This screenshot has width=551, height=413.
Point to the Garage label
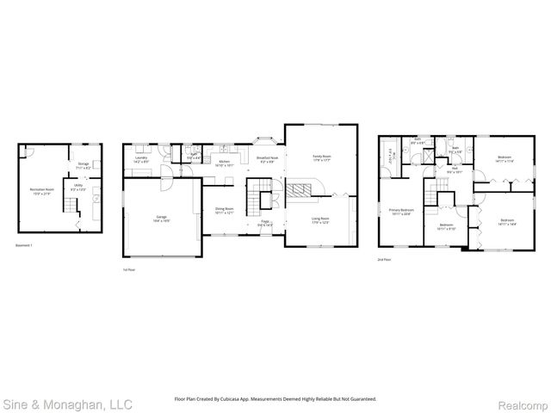[161, 219]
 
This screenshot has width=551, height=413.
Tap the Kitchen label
[225, 163]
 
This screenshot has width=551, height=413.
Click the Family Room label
[321, 158]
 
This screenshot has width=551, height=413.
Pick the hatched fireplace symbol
[298, 190]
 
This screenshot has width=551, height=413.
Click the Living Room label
[320, 220]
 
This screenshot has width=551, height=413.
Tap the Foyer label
[267, 223]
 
